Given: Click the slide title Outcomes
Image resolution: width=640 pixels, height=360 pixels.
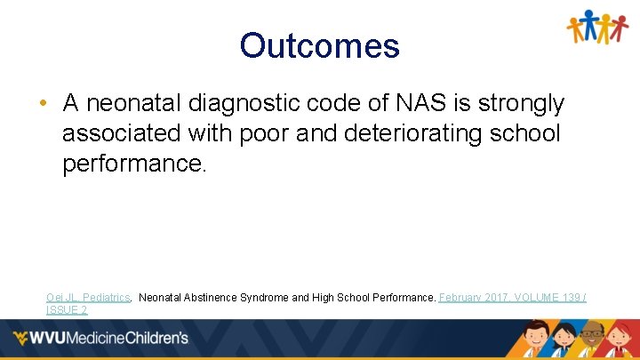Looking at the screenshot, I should [x=319, y=45].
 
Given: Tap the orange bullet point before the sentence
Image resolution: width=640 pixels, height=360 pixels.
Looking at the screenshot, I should [x=43, y=104].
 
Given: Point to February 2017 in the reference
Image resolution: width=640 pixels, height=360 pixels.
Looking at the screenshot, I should [x=472, y=297].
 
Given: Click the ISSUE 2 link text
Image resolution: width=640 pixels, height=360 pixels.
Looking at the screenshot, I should [x=67, y=309].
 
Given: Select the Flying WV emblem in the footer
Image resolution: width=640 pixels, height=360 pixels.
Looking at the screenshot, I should [x=22, y=339].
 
